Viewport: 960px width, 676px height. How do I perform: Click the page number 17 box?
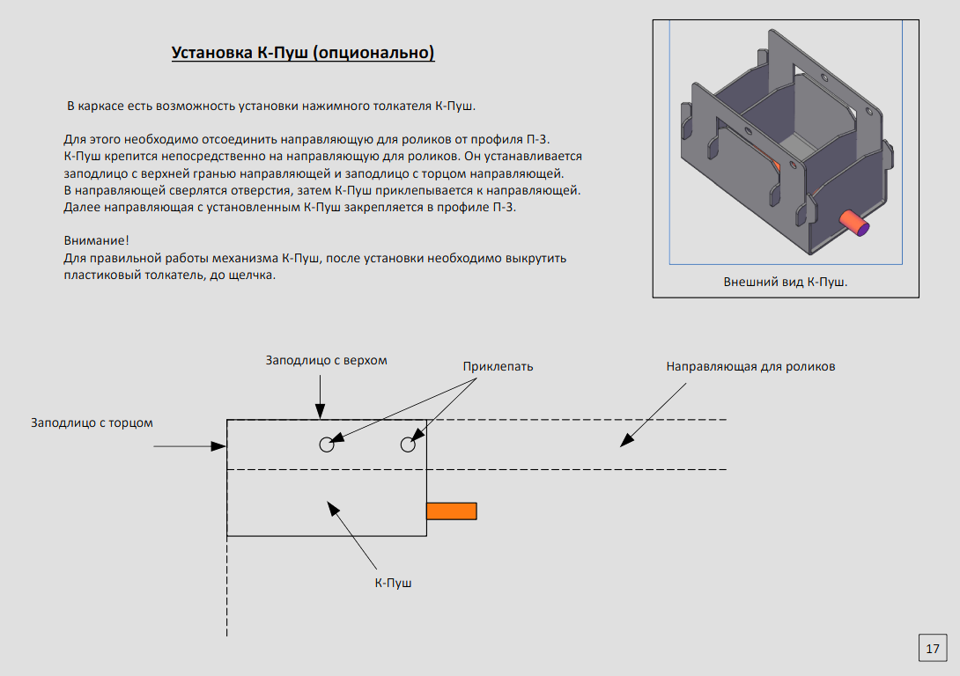[933, 649]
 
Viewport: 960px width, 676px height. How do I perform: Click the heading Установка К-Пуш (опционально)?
[303, 53]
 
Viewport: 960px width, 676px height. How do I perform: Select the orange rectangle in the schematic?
[451, 511]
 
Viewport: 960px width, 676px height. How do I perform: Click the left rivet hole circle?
[327, 445]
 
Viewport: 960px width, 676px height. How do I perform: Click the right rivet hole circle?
[408, 445]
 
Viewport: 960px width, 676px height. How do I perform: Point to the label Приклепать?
[498, 366]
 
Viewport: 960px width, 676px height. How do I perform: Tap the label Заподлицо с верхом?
[327, 361]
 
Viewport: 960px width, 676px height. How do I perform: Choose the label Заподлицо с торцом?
[92, 422]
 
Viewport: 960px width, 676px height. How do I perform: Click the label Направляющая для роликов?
[750, 366]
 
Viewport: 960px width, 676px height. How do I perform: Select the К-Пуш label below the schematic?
[393, 583]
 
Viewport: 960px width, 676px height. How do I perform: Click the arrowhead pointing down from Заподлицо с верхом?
[321, 413]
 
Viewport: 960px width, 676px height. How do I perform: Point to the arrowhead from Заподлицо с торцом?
[221, 447]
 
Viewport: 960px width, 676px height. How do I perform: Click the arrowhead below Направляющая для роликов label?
[624, 443]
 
